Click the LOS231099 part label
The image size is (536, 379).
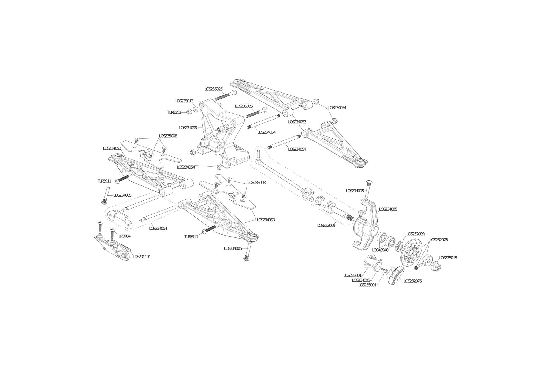coord(188,128)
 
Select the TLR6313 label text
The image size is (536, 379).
coord(174,112)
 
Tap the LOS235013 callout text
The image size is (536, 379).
coord(184,101)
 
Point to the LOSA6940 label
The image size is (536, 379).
coord(380,250)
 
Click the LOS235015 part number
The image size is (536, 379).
coord(448,258)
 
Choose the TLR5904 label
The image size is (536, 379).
coord(124,236)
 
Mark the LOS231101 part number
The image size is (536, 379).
coord(142,257)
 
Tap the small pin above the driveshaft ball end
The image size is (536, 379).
coord(259,154)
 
